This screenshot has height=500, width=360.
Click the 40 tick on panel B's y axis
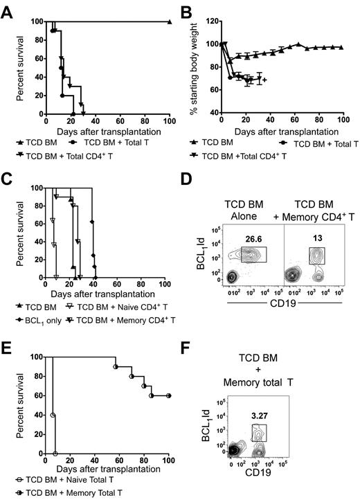212,111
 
